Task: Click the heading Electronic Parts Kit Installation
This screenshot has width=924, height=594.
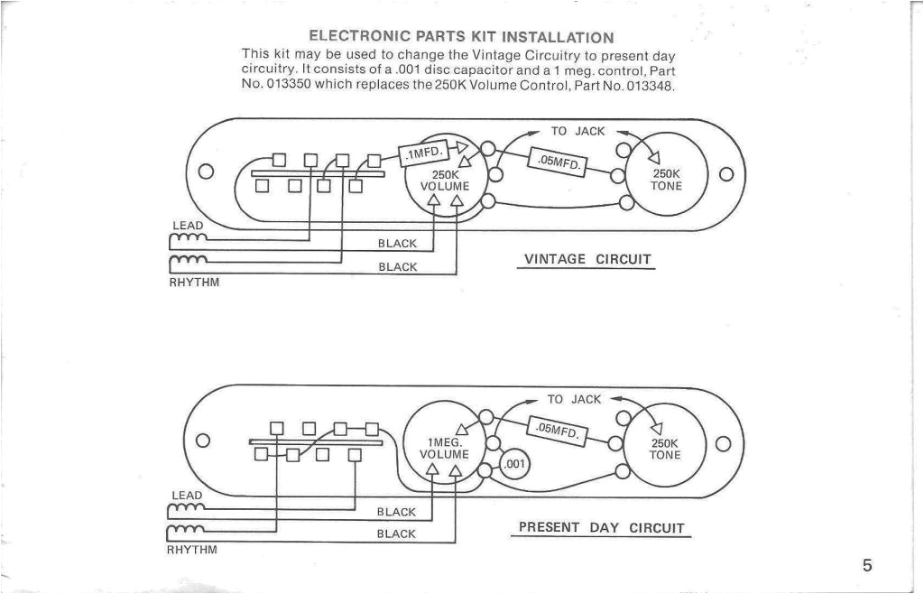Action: point(461,37)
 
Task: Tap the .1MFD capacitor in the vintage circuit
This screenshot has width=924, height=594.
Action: point(422,153)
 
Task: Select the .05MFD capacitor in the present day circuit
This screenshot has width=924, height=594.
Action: point(556,432)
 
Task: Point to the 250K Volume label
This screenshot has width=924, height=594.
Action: point(445,181)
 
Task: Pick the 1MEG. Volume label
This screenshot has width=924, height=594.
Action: point(444,449)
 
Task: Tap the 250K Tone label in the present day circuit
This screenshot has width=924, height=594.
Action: point(666,449)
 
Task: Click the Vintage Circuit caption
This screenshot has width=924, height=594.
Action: point(587,260)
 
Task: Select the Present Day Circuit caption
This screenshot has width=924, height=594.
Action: point(601,528)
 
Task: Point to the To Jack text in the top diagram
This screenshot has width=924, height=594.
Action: point(577,131)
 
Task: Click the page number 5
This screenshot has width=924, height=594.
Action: point(866,566)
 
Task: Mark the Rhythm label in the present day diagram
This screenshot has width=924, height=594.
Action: point(192,549)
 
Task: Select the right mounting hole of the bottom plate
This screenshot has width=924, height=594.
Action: point(723,442)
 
